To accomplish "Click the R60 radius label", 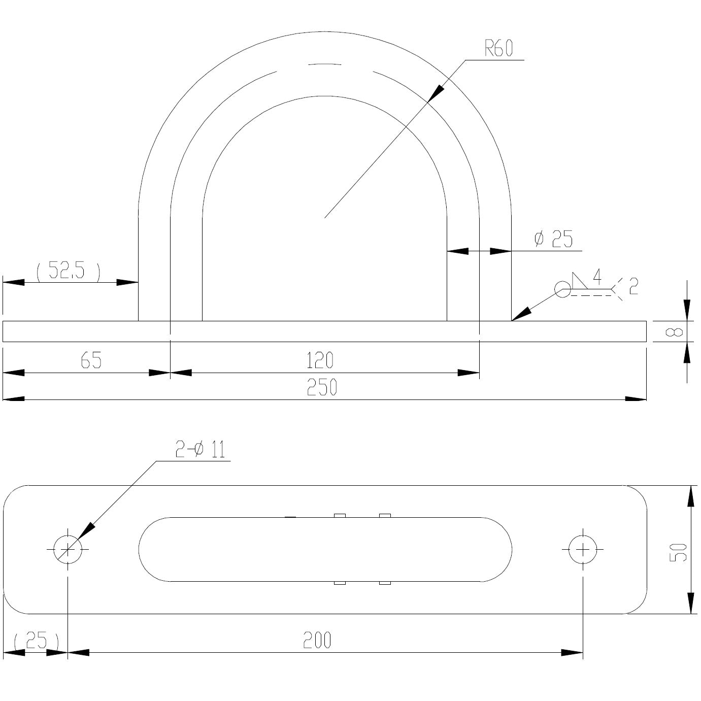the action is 498,49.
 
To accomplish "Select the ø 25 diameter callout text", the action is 553,239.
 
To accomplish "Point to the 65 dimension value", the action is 91,360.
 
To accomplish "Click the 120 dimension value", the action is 320,360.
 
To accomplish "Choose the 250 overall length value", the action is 322,387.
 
